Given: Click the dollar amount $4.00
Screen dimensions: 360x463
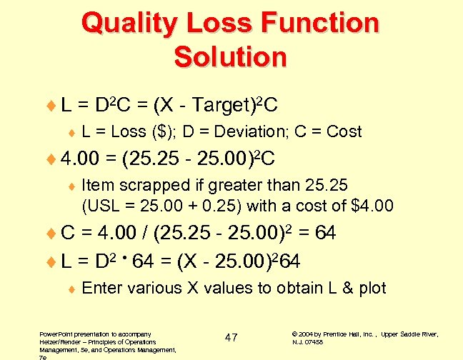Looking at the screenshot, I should tap(373, 207).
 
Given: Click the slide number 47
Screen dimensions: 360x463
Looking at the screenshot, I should tap(231, 337).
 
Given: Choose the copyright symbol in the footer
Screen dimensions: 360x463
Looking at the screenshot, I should tap(295, 334).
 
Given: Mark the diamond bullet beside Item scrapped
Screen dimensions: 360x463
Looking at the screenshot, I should tap(71, 186).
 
